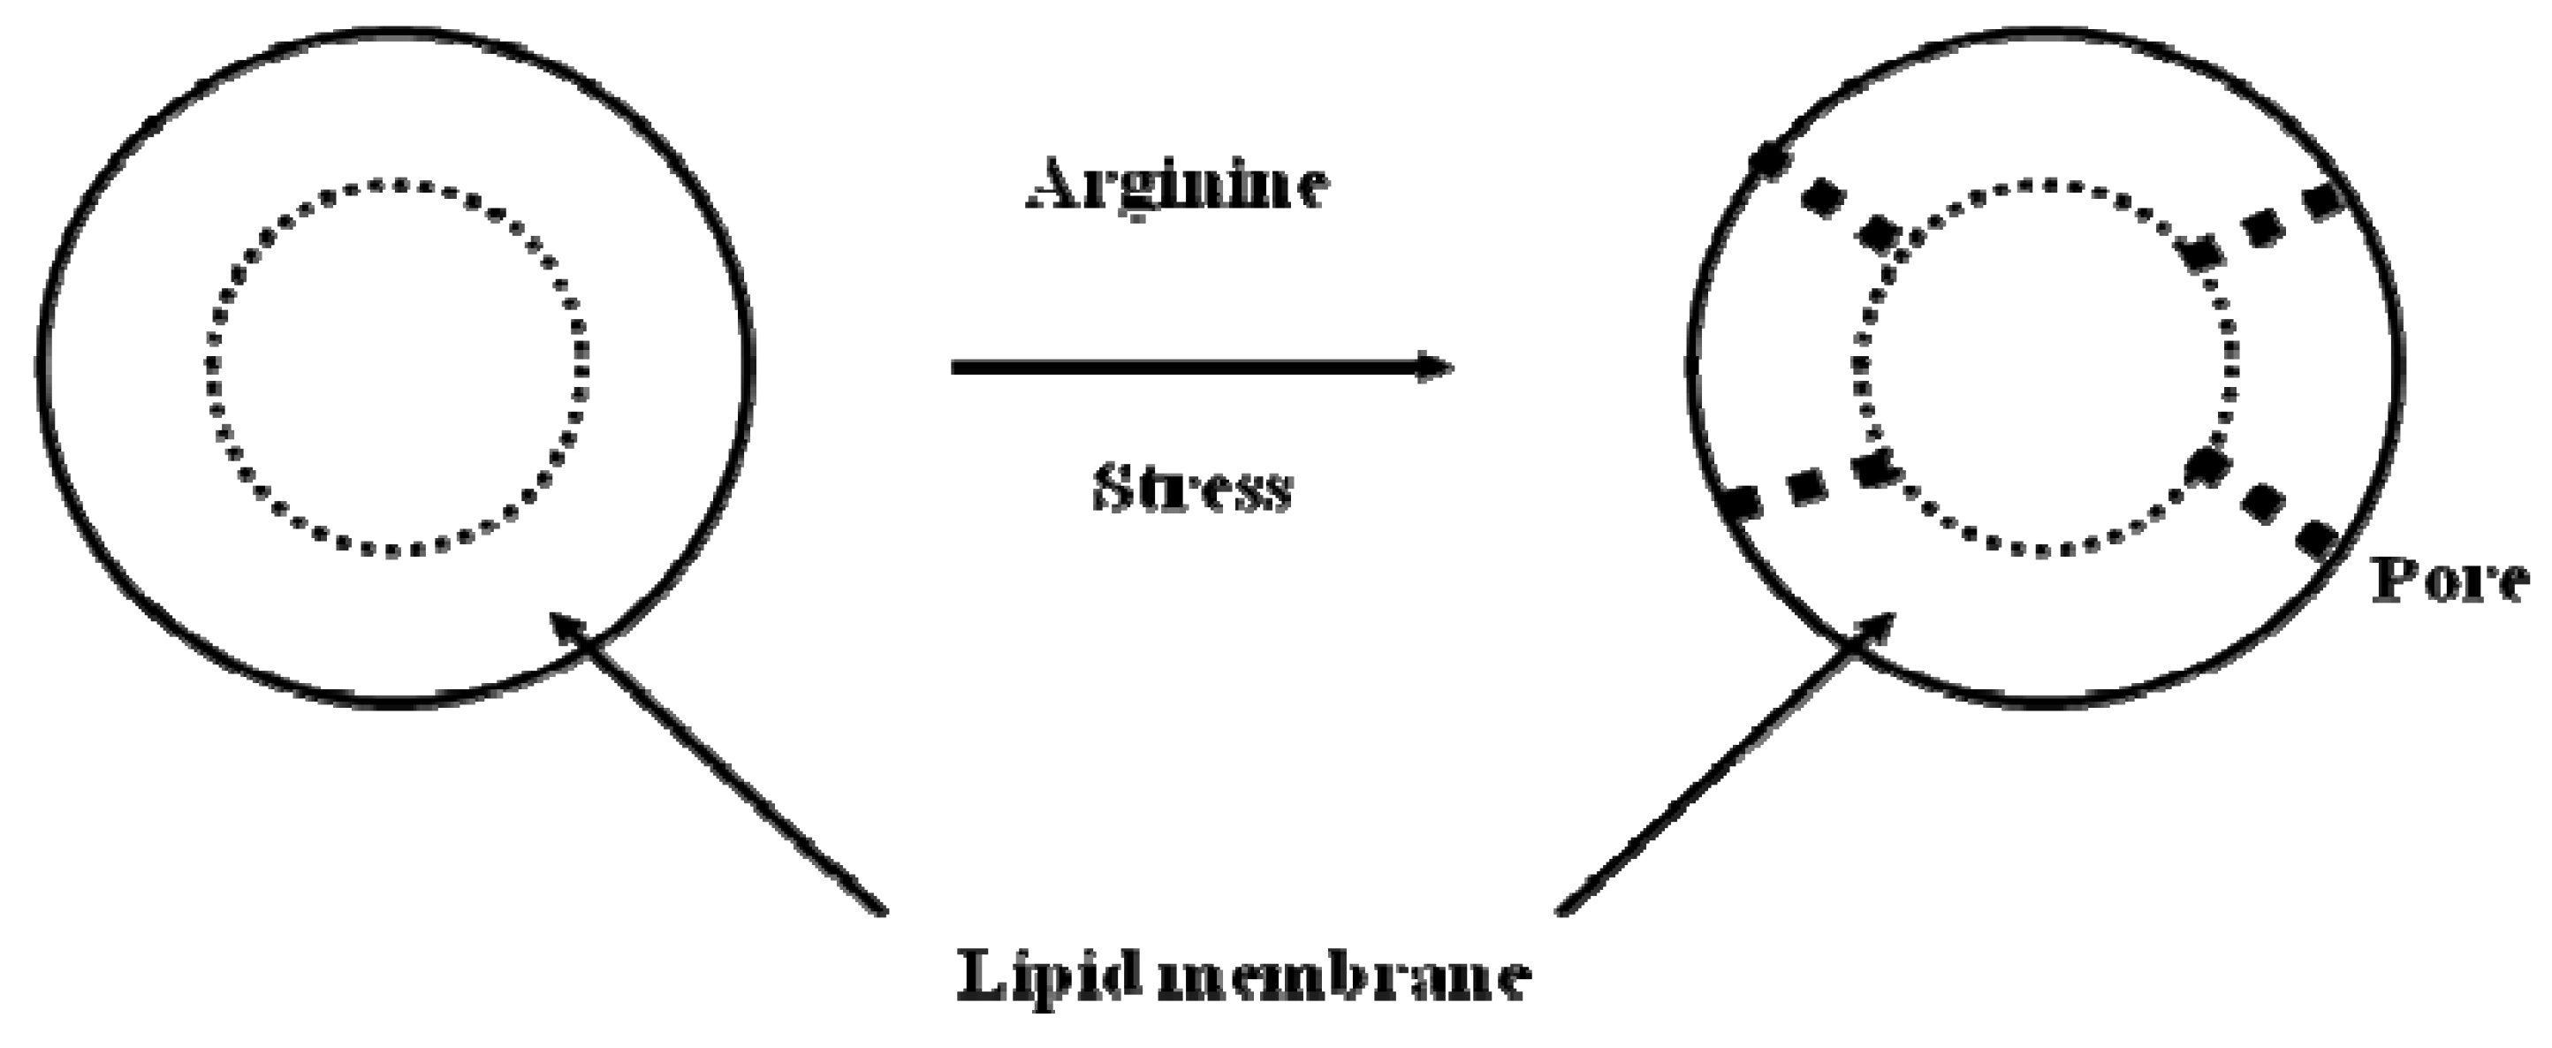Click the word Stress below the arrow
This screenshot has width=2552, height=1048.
[x=1193, y=489]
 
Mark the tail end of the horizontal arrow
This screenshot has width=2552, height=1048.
[x=956, y=368]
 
